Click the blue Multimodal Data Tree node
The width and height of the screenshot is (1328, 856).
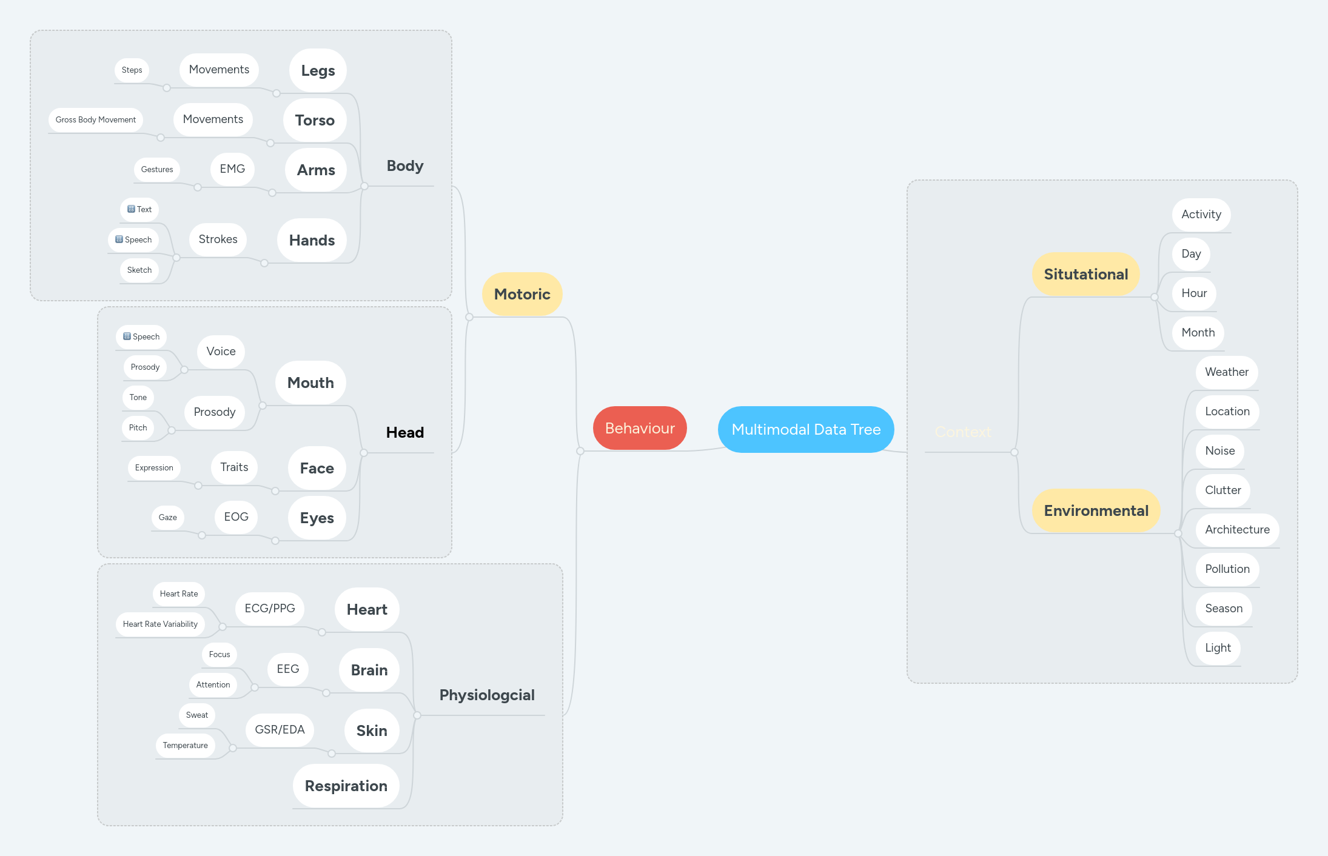coord(805,429)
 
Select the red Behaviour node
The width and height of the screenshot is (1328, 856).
coord(639,428)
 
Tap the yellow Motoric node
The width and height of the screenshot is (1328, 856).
coord(521,294)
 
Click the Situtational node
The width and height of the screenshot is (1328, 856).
coord(1085,274)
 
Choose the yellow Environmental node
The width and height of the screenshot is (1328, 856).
coord(1096,510)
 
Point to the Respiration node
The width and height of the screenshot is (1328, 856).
coord(346,786)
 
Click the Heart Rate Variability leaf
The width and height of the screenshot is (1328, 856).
coord(160,624)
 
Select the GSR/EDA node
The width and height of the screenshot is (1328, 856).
coord(280,729)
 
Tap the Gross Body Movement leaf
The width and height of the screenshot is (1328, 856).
coord(95,119)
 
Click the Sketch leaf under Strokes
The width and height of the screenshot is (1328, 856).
coord(139,270)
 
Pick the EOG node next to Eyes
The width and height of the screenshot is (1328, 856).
coord(236,517)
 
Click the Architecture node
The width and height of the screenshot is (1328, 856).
coord(1237,529)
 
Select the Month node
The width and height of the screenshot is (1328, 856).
coord(1198,332)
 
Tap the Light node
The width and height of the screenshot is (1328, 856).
coord(1218,647)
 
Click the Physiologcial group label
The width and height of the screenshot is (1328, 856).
coord(486,695)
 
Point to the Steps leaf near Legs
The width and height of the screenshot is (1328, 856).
coord(132,70)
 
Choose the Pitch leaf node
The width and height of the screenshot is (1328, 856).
coord(138,427)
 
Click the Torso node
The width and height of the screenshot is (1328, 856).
coord(314,120)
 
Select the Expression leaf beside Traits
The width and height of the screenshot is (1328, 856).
coord(154,467)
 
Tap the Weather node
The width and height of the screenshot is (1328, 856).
coord(1226,372)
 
